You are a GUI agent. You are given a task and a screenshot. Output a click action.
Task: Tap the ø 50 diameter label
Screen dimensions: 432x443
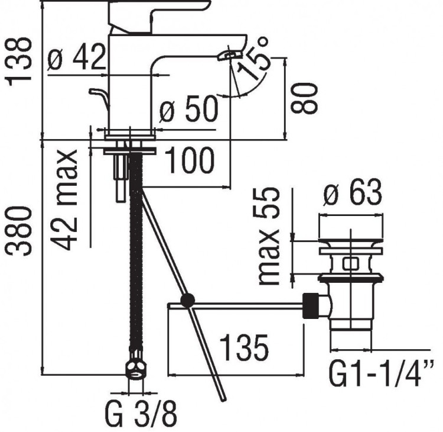[x=188, y=110]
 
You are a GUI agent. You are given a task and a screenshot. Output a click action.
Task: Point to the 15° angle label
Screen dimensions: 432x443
[x=256, y=60]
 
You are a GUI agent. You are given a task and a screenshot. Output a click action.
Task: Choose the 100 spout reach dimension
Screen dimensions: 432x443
[x=188, y=161]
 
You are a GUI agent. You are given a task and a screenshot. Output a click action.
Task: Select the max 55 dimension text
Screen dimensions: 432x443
[x=271, y=237]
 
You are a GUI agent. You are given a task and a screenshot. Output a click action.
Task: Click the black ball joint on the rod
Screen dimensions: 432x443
[x=188, y=301]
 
